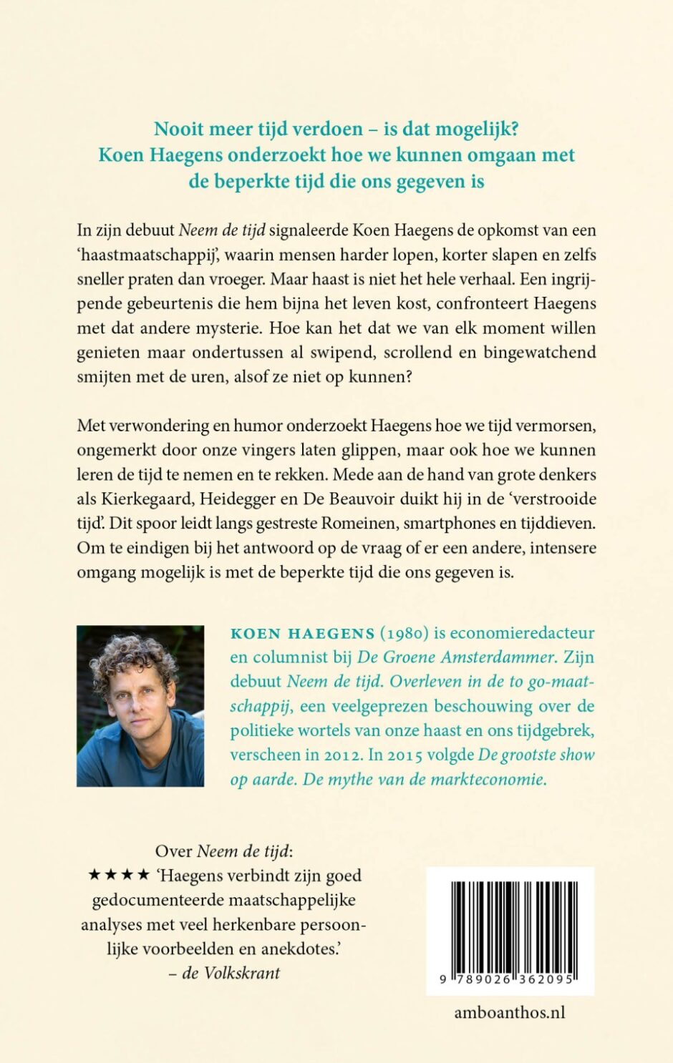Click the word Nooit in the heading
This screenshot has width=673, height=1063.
pos(179,129)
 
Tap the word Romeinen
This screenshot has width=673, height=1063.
pos(358,524)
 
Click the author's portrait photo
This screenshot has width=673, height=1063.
pos(140,706)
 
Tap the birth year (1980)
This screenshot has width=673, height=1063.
pos(405,633)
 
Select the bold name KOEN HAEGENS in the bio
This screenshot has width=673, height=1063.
pos(302,633)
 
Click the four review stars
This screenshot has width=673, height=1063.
pos(119,876)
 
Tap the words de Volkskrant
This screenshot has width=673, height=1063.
pos(231,973)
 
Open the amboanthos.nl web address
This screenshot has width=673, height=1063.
pos(510,1012)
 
